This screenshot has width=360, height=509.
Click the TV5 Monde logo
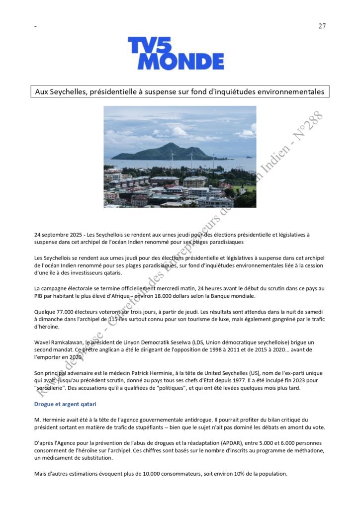tap(176, 53)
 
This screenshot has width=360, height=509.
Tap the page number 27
tap(322, 26)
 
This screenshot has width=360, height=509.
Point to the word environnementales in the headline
tap(287, 92)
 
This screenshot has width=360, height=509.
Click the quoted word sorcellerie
tap(50, 388)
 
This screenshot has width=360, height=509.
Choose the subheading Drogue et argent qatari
tap(65, 404)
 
